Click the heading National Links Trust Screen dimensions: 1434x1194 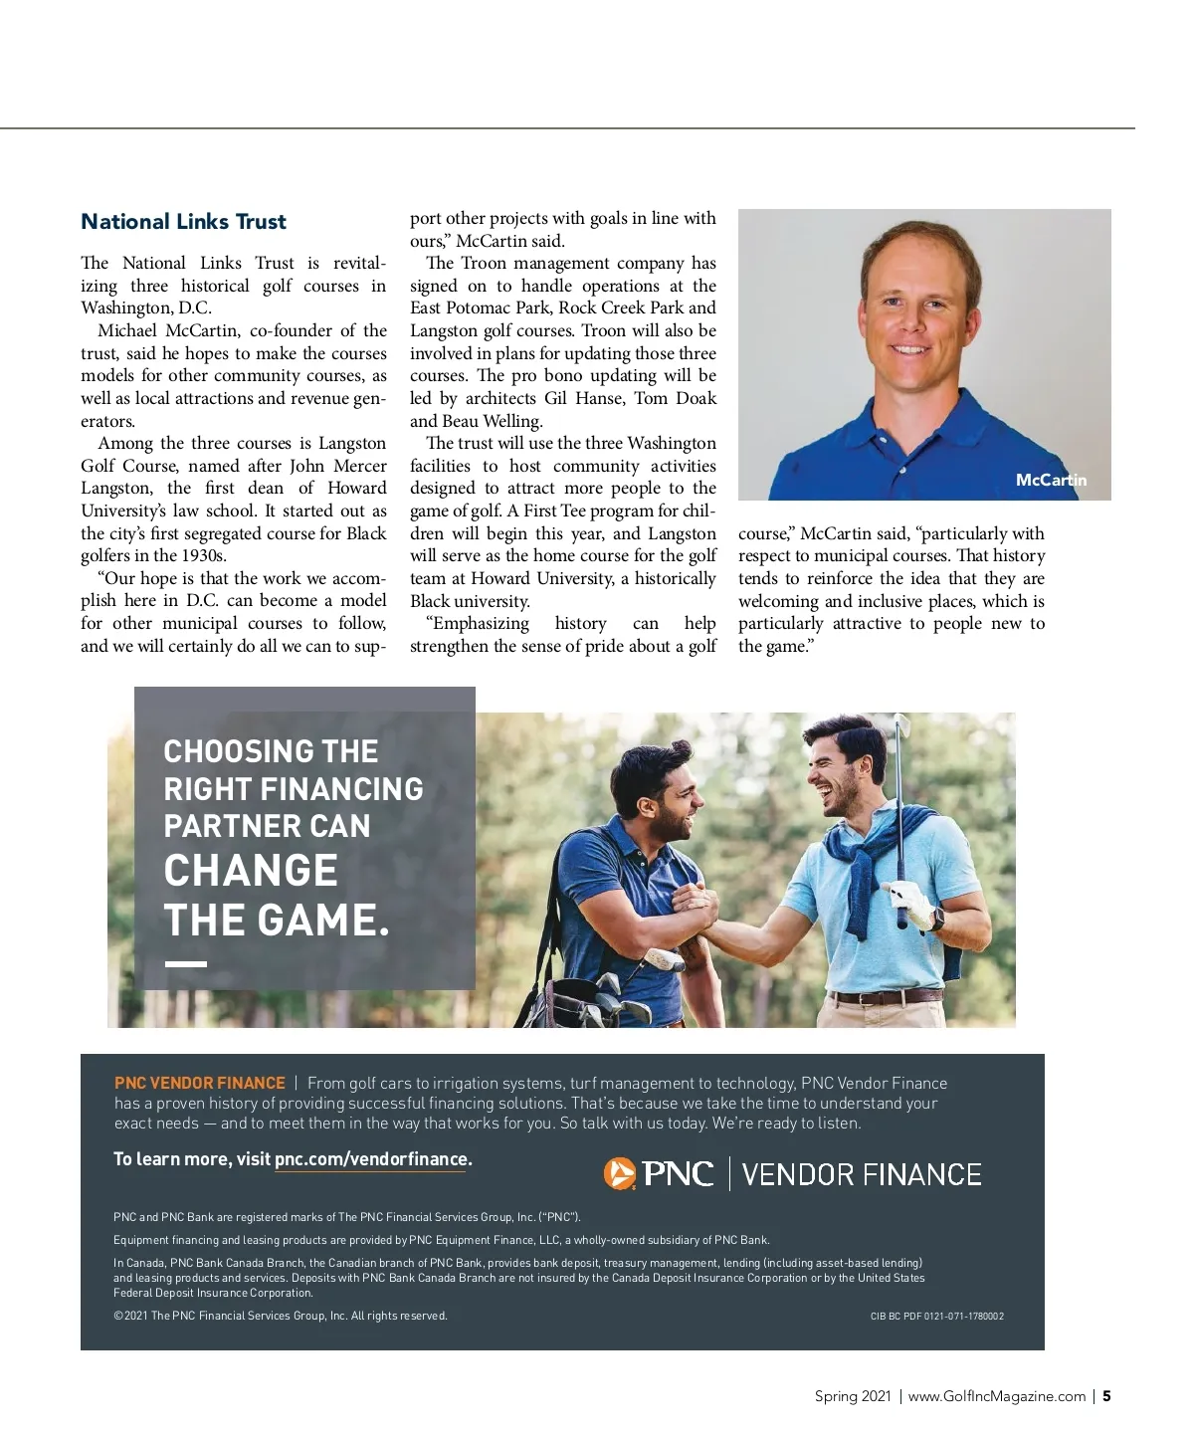(183, 222)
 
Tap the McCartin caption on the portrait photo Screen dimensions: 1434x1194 (1051, 480)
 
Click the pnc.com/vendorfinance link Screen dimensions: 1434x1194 (371, 1159)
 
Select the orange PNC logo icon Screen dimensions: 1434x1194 (619, 1174)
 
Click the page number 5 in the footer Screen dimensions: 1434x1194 (1106, 1396)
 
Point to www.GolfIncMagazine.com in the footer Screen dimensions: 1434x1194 (996, 1396)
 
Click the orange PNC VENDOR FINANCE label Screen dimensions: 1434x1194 (200, 1083)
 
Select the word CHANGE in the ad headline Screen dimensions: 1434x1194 (251, 871)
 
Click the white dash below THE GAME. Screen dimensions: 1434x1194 (186, 963)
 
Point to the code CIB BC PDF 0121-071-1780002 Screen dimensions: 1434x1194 (936, 1316)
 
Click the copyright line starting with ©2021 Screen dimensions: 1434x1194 (281, 1316)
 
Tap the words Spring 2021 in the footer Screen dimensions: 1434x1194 (853, 1396)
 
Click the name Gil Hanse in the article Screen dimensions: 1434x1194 (586, 398)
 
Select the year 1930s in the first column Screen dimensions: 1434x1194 (204, 555)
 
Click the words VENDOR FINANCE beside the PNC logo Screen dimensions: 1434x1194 (862, 1174)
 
